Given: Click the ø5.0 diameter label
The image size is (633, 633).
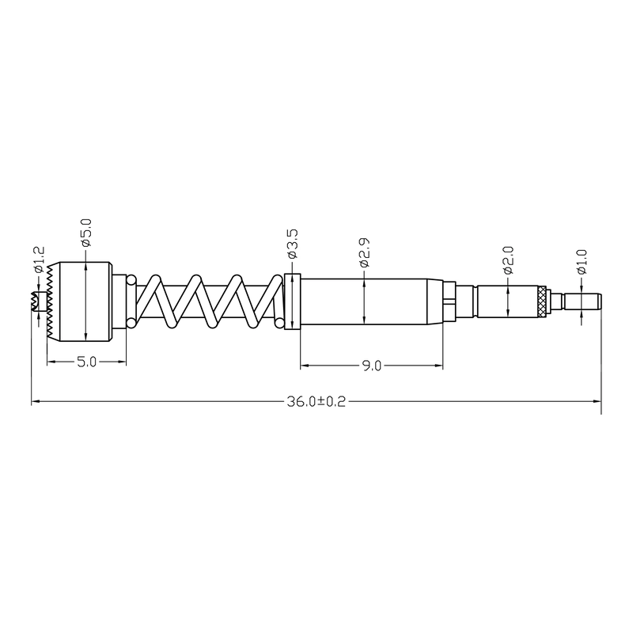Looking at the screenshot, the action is [86, 233].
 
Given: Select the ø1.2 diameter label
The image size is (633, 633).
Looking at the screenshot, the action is [39, 260].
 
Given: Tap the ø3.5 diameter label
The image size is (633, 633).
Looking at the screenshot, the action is [292, 244].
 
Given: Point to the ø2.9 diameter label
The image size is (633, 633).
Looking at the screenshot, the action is [364, 252].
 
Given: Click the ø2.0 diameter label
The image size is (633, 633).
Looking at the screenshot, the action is [508, 260].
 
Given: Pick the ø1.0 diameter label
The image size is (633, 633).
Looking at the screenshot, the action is [582, 262].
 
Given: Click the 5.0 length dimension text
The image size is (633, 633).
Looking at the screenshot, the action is [87, 362].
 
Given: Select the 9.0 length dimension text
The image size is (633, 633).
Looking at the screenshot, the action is [371, 366].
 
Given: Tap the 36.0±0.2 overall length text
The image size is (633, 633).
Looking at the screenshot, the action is [316, 401].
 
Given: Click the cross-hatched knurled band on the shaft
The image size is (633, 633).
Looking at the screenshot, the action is [542, 302].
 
